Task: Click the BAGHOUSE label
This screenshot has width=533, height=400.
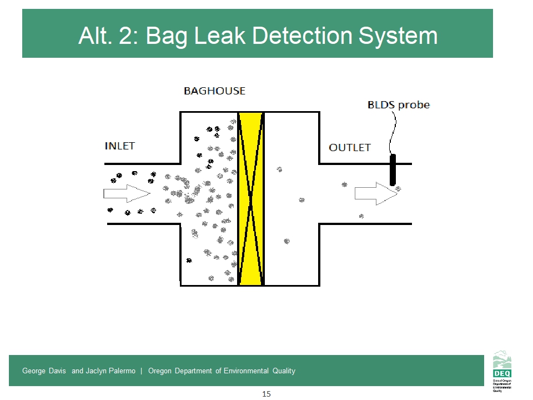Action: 214,91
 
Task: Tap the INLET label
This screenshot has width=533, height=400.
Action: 120,146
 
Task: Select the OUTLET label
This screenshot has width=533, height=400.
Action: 350,148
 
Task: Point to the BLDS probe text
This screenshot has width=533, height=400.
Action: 399,104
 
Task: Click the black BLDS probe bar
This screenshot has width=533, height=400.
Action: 393,170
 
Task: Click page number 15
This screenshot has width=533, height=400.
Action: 266,394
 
